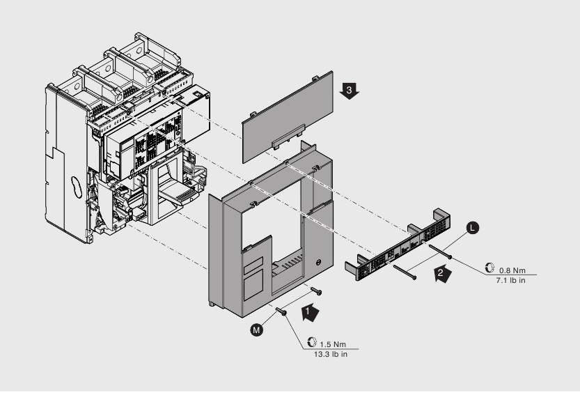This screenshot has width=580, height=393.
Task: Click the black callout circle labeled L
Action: tap(472, 227)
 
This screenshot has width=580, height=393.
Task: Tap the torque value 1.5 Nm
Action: tap(332, 344)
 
